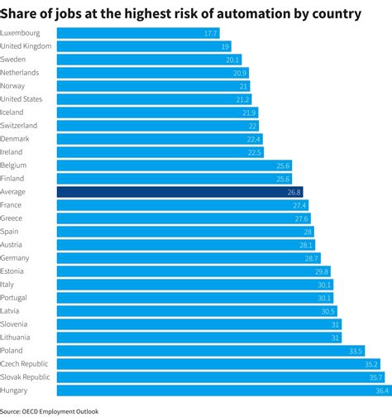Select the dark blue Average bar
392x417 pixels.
[x=179, y=192]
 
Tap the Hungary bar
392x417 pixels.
[x=222, y=391]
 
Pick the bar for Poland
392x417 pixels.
[x=211, y=351]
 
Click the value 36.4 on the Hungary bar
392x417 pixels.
[x=380, y=391]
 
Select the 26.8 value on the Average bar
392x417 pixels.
[x=294, y=192]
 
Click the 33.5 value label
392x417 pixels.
[x=356, y=351]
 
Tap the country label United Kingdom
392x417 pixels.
[x=26, y=46]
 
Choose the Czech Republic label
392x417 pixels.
[x=24, y=364]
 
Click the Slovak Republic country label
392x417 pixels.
[x=26, y=377]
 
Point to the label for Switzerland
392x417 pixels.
[x=18, y=126]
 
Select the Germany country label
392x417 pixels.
[x=16, y=258]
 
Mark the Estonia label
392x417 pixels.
[x=13, y=271]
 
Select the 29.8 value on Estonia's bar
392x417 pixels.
[x=322, y=271]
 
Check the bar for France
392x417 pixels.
[x=182, y=205]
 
